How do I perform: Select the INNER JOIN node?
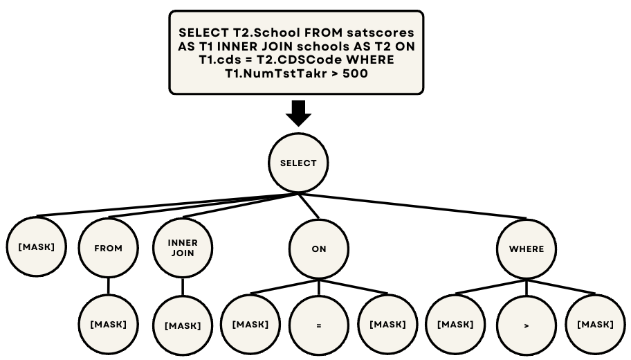coord(183,248)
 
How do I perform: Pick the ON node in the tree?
coord(318,249)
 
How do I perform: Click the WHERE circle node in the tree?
coord(526,249)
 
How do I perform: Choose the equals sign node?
coord(318,324)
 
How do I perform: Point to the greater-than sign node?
coord(526,324)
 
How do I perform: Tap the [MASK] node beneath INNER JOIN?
coord(183,325)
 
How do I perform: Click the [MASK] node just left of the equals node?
coord(250,324)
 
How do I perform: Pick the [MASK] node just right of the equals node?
coord(387,324)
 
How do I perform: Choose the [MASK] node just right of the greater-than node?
coord(595,324)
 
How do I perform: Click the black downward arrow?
coord(298,113)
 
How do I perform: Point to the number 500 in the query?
coord(354,73)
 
